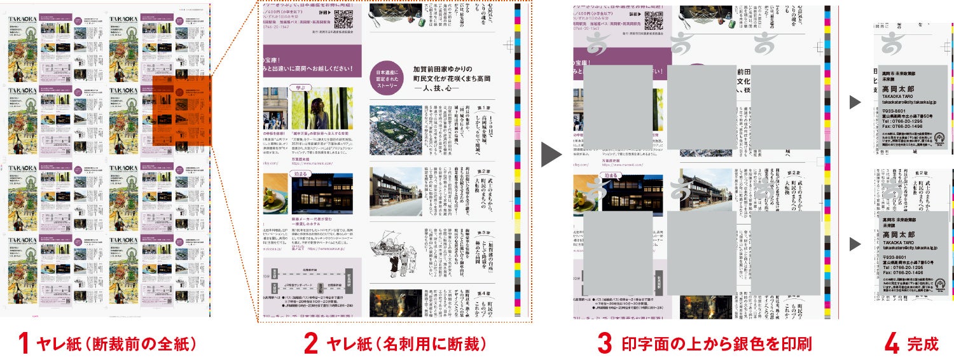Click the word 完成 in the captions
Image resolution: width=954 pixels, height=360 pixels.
tap(923, 344)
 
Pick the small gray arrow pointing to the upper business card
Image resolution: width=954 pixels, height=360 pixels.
tap(855, 102)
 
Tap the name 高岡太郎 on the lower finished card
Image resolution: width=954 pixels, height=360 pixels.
tap(898, 235)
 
